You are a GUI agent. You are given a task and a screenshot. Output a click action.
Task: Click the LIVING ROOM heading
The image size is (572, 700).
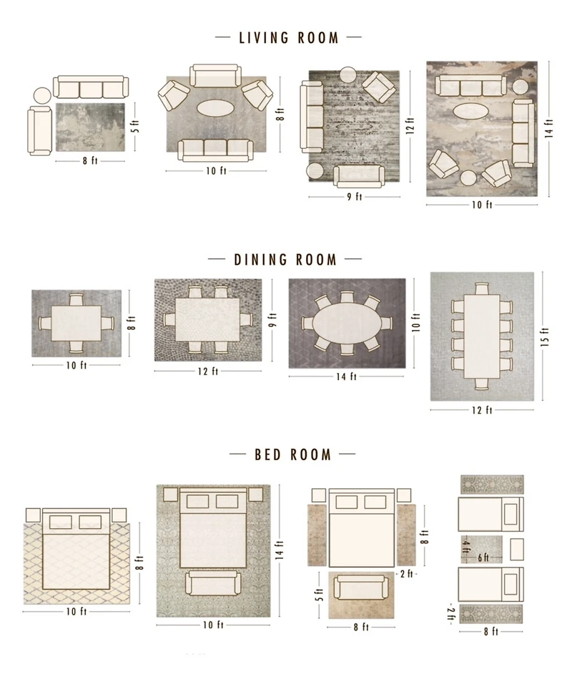click(288, 37)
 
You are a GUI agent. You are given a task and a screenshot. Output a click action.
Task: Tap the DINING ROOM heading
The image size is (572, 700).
click(285, 259)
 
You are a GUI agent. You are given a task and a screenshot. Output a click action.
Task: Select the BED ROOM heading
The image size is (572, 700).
click(293, 454)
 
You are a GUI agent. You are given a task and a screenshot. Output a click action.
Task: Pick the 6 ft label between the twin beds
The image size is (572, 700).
click(484, 557)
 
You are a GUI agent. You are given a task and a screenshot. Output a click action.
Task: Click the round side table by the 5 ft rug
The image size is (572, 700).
click(42, 95)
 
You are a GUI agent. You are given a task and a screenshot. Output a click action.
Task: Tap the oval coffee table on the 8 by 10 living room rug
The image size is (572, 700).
click(214, 109)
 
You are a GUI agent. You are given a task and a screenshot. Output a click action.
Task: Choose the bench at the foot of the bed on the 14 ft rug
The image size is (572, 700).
click(212, 583)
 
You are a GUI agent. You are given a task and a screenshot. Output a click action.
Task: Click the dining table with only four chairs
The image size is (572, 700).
click(76, 324)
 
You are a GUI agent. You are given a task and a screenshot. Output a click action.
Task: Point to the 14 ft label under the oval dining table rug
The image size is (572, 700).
click(347, 377)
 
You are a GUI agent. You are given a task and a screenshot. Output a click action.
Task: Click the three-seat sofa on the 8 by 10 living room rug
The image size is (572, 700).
click(215, 149)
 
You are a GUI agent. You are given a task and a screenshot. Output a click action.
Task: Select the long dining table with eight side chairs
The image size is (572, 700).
click(483, 336)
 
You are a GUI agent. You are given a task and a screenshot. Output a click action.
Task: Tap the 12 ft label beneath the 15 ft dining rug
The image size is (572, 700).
click(483, 410)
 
